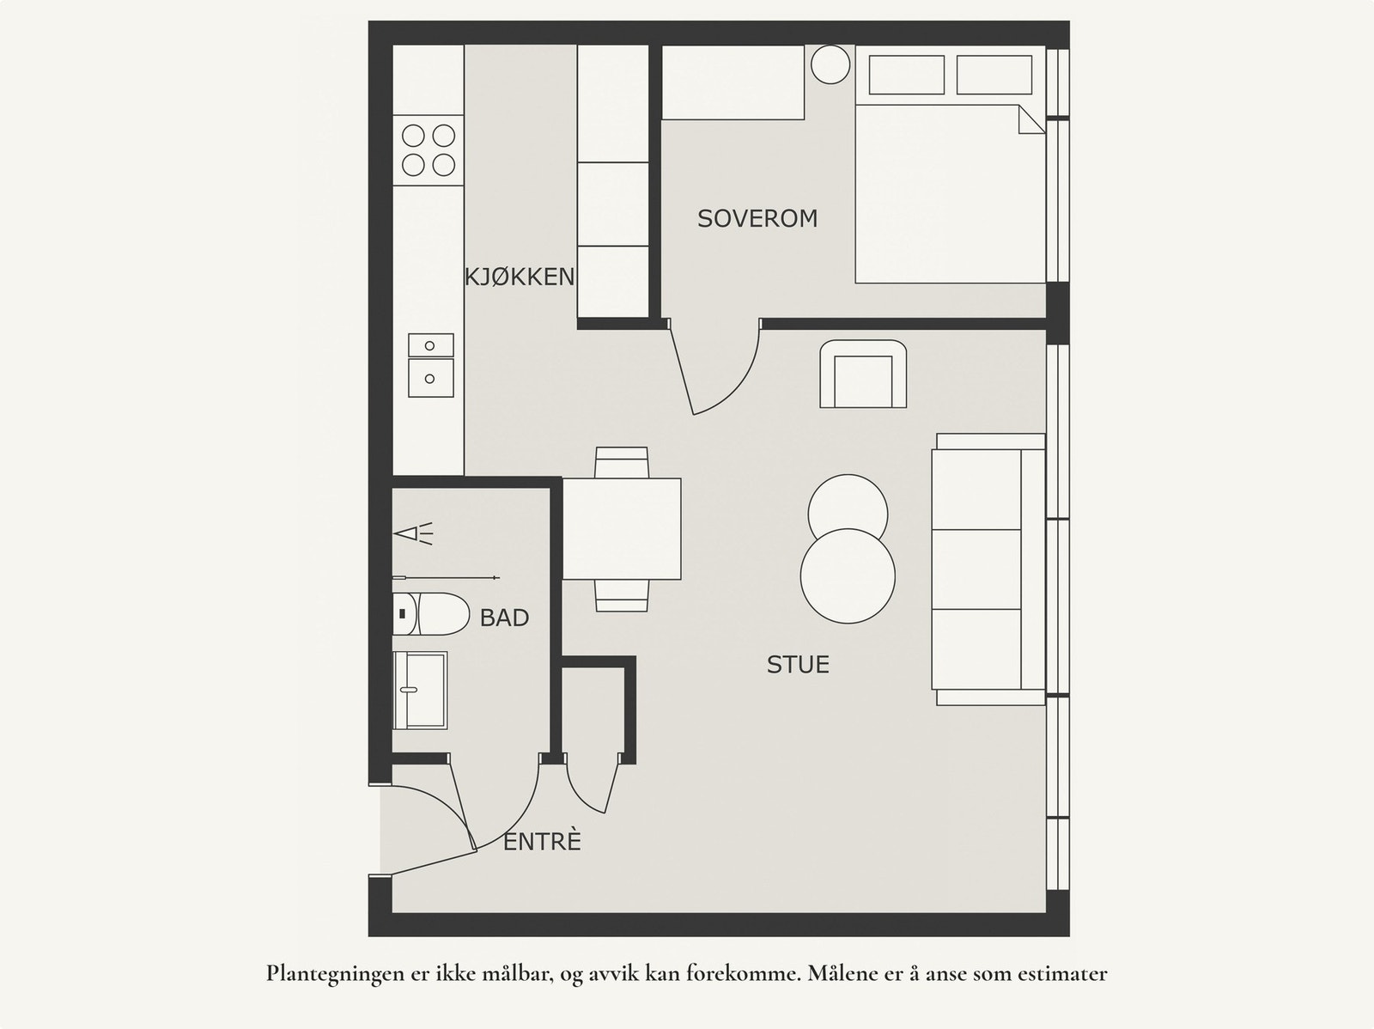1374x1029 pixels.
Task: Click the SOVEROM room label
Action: pyautogui.click(x=757, y=218)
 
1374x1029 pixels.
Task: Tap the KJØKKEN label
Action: pyautogui.click(x=520, y=277)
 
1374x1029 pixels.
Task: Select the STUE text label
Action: pyautogui.click(x=798, y=664)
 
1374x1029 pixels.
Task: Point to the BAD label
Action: pyautogui.click(x=505, y=618)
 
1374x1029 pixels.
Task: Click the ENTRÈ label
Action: pyautogui.click(x=542, y=842)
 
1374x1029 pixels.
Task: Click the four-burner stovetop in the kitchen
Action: pyautogui.click(x=429, y=150)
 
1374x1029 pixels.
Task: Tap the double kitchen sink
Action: pyautogui.click(x=431, y=366)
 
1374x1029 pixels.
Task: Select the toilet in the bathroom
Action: pyautogui.click(x=431, y=614)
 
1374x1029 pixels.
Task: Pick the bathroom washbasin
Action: pyautogui.click(x=420, y=691)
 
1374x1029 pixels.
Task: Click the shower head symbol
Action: pyautogui.click(x=413, y=534)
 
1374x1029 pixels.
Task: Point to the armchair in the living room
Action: pyautogui.click(x=863, y=374)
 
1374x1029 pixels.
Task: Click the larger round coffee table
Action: pyautogui.click(x=848, y=575)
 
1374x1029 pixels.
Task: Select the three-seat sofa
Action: pyautogui.click(x=988, y=569)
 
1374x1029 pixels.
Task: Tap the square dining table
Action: pyautogui.click(x=622, y=529)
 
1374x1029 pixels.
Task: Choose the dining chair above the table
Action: pyautogui.click(x=622, y=463)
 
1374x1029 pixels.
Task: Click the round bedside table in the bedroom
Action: pyautogui.click(x=830, y=64)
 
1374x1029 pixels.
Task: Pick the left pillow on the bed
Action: pyautogui.click(x=906, y=75)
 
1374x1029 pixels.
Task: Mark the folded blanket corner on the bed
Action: pyautogui.click(x=1031, y=119)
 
